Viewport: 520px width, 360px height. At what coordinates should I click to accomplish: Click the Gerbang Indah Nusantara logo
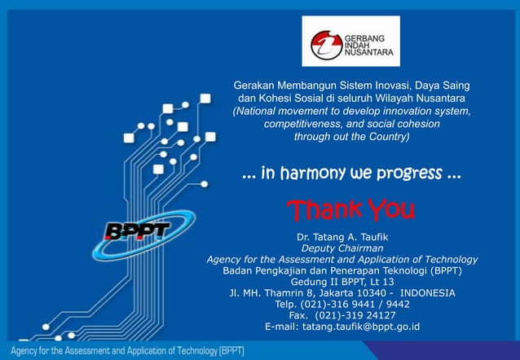(x=350, y=41)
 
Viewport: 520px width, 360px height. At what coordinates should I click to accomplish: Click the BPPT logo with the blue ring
(x=139, y=229)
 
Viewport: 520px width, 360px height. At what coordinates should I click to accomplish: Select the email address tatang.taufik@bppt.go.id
(x=342, y=327)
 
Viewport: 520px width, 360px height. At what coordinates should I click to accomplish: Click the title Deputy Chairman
(x=342, y=248)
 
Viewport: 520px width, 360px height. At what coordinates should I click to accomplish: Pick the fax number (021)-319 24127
(x=342, y=315)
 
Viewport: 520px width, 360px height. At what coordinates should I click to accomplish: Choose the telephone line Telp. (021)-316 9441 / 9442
(x=342, y=304)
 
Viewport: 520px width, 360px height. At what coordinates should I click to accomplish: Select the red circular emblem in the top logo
(x=323, y=42)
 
